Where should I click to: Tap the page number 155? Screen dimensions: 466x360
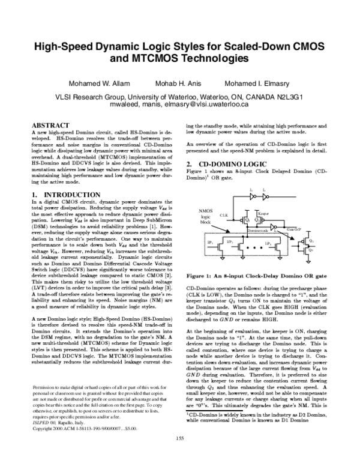tap(179, 455)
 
